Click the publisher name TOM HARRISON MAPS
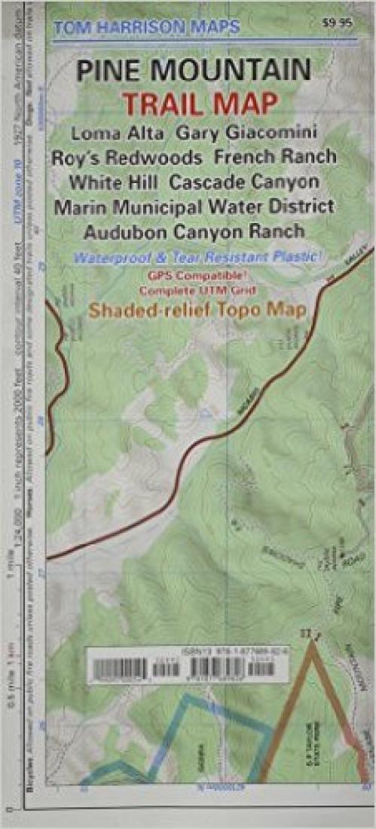[x=146, y=28]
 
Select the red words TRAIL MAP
[x=200, y=104]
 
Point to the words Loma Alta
[x=118, y=133]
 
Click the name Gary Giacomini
[x=246, y=133]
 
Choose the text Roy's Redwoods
[x=127, y=158]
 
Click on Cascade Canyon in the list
[x=244, y=182]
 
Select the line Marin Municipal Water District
[x=194, y=206]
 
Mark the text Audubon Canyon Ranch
[x=194, y=230]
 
